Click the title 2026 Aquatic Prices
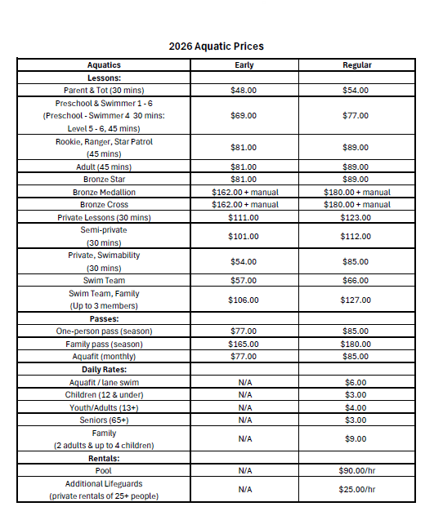coord(217,46)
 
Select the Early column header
coord(244,65)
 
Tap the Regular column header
coord(356,65)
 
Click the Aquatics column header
coord(104,65)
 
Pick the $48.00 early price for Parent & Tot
coord(244,91)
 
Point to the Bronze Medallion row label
coord(104,192)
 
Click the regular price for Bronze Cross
coord(356,205)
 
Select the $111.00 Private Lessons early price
coord(244,218)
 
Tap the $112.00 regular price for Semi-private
coord(356,237)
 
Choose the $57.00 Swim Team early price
coord(244,281)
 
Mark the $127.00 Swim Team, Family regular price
coord(356,300)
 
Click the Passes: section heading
coord(104,318)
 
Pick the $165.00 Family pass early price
coord(244,345)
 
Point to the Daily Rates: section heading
coord(104,370)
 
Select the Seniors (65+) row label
coord(104,420)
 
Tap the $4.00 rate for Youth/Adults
coord(356,407)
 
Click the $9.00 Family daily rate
coord(356,439)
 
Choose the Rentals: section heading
coord(104,458)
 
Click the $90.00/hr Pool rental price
coord(356,471)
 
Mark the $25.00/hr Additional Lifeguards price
coord(356,490)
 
